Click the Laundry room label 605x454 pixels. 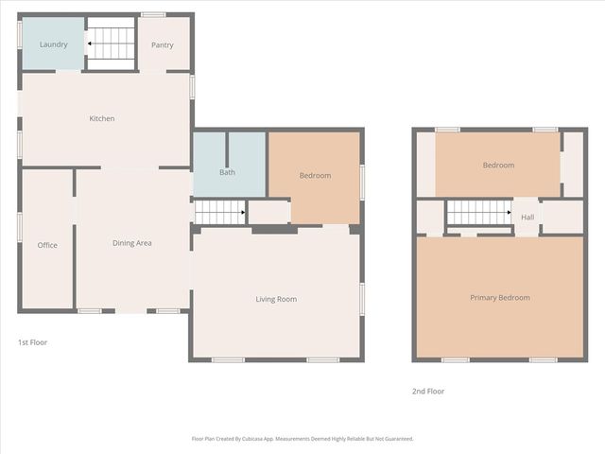(53, 44)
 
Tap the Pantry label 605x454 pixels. (163, 44)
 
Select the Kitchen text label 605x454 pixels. (102, 118)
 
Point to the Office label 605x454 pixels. (47, 245)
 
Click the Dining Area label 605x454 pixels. (132, 243)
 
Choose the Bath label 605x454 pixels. (228, 172)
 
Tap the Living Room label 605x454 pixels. (276, 299)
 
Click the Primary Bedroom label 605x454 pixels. (500, 298)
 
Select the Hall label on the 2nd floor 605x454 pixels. (527, 217)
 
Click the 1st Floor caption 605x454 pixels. (32, 342)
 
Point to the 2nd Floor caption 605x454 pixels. (428, 391)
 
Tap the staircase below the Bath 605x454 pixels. (219, 213)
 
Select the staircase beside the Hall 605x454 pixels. (478, 215)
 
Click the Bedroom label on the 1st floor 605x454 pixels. (315, 176)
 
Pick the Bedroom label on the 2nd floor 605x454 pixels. (498, 166)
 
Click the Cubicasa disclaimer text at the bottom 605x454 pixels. (302, 439)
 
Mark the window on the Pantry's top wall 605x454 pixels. (153, 14)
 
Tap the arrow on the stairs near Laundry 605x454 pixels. (90, 43)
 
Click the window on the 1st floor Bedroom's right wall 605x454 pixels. (362, 182)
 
